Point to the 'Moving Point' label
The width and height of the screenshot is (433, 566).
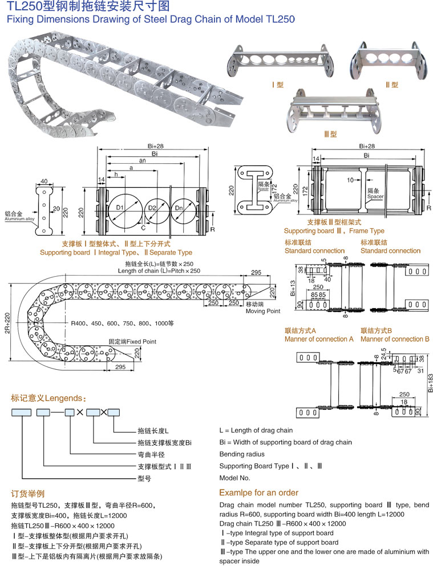262,311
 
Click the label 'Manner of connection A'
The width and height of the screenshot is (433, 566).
319,339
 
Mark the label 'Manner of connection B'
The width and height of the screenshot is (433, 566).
395,339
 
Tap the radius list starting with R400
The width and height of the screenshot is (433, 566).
122,324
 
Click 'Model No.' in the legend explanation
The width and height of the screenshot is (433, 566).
234,478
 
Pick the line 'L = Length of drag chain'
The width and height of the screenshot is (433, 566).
256,430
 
